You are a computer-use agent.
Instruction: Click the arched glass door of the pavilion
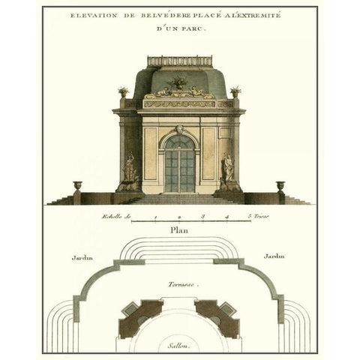179,163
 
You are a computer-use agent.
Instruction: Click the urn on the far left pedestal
78,185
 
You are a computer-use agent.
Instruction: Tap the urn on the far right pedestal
280,185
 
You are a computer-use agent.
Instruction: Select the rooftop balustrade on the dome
179,61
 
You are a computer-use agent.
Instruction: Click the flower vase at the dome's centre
179,81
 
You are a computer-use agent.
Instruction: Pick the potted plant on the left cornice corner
123,91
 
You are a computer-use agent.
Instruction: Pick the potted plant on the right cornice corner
235,91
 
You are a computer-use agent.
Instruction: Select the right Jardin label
274,256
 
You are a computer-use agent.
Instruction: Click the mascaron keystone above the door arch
179,130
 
